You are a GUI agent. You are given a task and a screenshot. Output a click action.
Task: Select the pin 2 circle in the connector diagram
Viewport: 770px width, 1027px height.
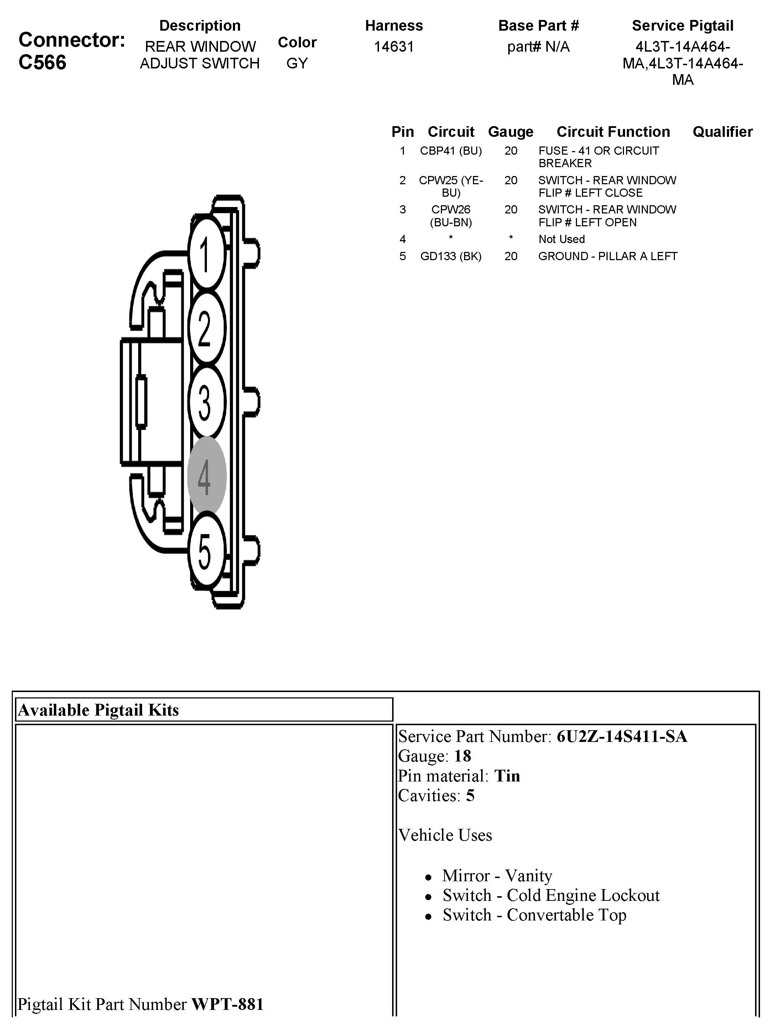(206, 328)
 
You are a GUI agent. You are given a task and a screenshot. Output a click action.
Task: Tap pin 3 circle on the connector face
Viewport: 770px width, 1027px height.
(206, 402)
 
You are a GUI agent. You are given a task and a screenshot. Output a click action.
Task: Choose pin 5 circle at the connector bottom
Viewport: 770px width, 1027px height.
(206, 551)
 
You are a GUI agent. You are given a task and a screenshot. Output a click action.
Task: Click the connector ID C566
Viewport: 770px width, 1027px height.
(42, 62)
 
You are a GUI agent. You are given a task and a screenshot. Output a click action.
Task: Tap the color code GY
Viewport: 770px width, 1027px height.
(297, 63)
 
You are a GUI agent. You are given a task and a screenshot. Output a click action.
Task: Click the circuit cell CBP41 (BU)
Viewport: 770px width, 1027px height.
(451, 151)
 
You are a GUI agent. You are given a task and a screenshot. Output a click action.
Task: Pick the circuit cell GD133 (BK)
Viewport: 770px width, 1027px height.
(451, 256)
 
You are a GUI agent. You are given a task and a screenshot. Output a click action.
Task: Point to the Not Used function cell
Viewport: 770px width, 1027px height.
(561, 239)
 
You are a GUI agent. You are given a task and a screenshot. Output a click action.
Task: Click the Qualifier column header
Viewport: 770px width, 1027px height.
(722, 132)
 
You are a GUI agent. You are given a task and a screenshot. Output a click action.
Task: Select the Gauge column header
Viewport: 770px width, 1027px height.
(511, 132)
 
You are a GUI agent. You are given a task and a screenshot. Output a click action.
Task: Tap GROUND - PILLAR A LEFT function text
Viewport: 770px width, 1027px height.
(608, 256)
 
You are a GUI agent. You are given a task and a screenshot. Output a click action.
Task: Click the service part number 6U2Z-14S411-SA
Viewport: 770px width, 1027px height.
(621, 736)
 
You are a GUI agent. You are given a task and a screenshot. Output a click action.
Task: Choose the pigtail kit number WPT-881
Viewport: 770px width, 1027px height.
(228, 1004)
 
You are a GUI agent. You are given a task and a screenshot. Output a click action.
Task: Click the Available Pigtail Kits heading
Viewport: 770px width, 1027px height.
(98, 710)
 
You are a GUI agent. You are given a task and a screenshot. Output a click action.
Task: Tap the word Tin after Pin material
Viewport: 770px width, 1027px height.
(507, 776)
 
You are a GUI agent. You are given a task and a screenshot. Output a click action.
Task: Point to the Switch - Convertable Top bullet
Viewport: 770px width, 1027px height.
(534, 915)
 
